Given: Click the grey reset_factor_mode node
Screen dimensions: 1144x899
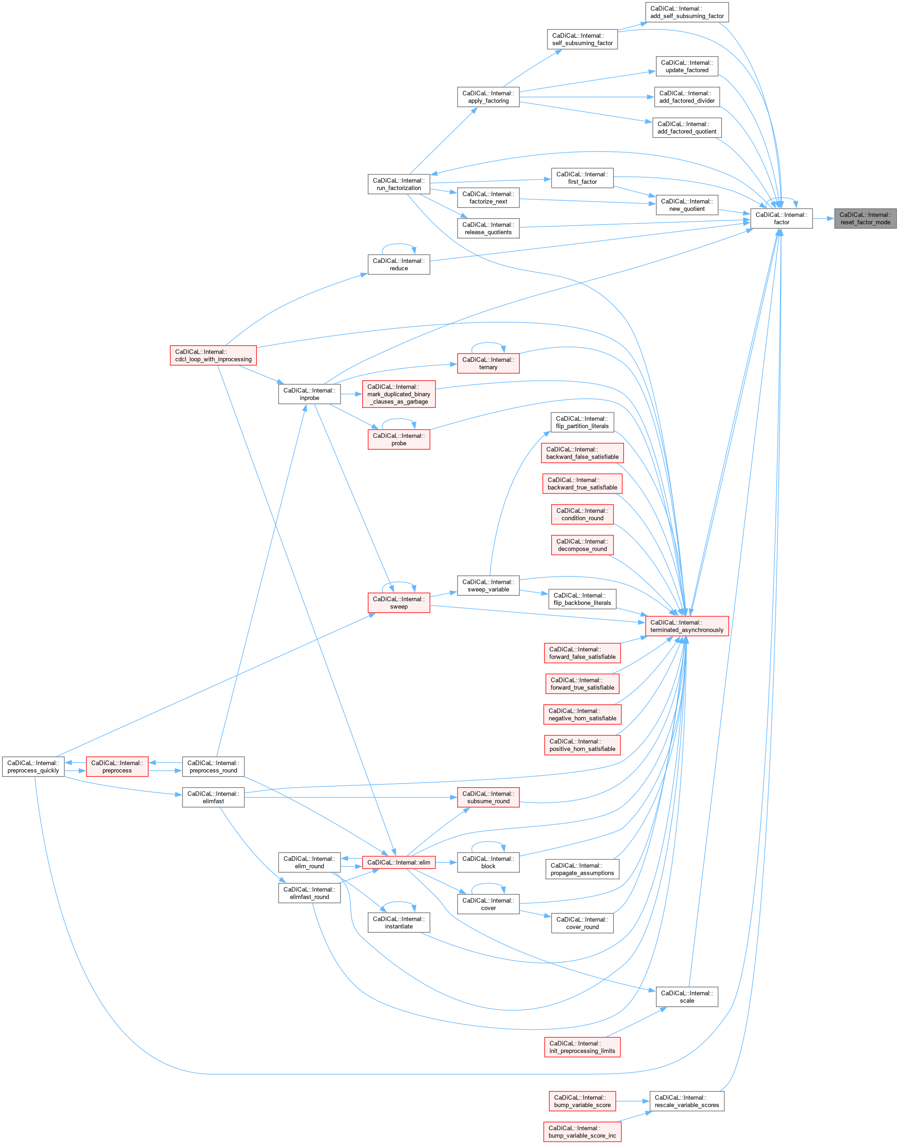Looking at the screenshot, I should [x=865, y=219].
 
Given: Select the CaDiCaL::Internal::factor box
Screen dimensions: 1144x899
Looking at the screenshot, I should [x=781, y=219].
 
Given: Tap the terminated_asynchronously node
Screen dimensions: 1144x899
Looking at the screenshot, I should [x=686, y=626].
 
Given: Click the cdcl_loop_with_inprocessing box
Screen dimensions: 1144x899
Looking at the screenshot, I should [x=213, y=355].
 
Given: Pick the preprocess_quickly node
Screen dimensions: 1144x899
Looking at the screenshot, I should [x=33, y=767].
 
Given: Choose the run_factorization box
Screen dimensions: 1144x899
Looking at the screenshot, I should [x=399, y=184].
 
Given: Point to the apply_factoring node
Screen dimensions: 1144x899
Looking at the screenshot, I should [x=488, y=97].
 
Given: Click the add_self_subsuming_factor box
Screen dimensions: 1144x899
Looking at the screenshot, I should [x=686, y=12].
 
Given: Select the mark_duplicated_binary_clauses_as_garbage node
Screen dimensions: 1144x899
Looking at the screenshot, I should [x=399, y=394].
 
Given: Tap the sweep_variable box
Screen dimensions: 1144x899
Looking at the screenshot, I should [x=488, y=586].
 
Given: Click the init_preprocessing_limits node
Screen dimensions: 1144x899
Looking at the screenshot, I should [x=582, y=1047].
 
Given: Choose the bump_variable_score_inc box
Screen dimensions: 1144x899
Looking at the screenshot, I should [x=582, y=1132].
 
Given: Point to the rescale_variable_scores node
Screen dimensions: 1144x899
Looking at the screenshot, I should [x=686, y=1101].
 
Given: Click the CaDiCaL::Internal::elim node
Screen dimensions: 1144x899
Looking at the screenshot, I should [x=399, y=862].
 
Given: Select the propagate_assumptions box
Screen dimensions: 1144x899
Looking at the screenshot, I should [x=582, y=869].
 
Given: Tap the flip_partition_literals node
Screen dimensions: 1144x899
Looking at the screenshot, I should [x=582, y=422].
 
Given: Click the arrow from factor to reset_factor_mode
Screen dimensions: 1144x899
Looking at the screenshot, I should [x=823, y=219].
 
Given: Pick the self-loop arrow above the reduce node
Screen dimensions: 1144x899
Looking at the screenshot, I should [x=399, y=245].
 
